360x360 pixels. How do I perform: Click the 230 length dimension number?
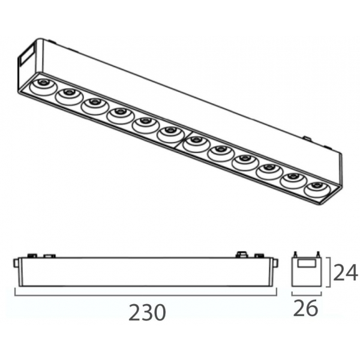tap(147, 312)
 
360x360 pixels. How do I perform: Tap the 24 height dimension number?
tap(346, 272)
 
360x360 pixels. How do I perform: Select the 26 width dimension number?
tap(305, 308)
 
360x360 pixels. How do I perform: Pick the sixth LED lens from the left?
tap(170, 135)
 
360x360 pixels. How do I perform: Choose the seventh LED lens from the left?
tap(196, 144)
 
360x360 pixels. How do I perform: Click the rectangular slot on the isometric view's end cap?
tap(26, 56)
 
